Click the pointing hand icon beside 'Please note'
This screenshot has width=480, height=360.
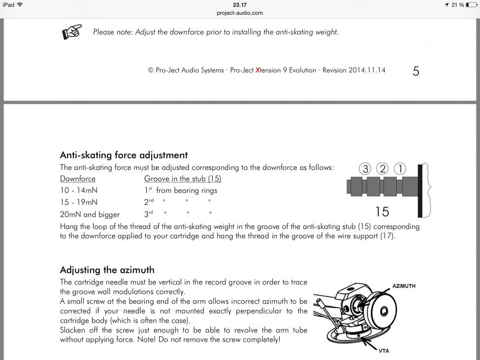(72, 32)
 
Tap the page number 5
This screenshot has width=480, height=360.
(416, 71)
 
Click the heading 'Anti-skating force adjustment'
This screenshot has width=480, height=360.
(124, 155)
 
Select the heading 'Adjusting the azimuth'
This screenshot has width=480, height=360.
(107, 270)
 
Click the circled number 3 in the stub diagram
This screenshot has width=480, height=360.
(365, 169)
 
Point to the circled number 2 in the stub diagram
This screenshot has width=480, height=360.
(382, 169)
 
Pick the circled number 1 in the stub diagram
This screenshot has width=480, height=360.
(400, 169)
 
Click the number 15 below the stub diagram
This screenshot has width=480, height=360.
(382, 211)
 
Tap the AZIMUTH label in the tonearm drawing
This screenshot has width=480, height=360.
(404, 286)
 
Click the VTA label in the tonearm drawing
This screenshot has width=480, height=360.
(385, 351)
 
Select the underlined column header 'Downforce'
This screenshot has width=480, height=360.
(78, 178)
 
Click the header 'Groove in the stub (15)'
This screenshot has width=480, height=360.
(183, 178)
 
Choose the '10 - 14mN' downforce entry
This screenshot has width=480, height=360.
(79, 190)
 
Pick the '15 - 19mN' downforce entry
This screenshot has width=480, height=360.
(79, 202)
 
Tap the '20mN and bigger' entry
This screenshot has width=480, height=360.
(90, 214)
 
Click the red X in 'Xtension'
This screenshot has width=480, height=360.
(257, 70)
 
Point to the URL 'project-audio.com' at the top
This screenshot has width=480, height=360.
(240, 13)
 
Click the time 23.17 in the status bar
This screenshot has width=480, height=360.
(240, 5)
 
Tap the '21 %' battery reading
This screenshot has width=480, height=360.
(458, 5)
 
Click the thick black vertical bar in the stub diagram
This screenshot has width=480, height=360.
(420, 191)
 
